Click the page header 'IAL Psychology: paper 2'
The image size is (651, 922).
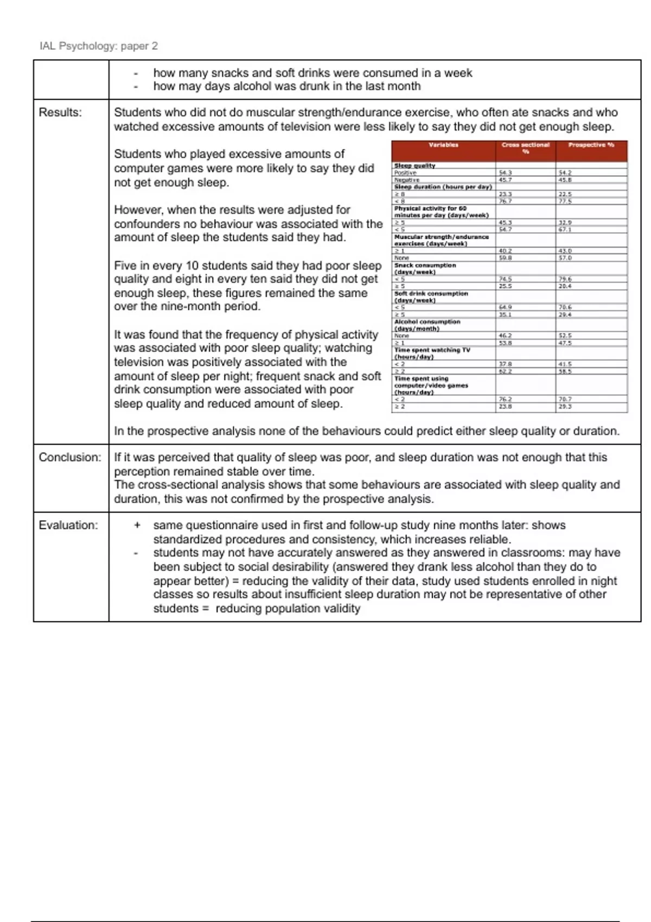(99, 46)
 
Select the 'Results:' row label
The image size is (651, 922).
(60, 112)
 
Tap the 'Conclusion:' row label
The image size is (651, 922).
(70, 457)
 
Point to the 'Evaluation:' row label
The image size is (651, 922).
(68, 525)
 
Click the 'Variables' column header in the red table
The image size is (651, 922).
(443, 145)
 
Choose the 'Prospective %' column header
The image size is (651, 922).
(591, 145)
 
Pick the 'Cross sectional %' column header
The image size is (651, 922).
(525, 148)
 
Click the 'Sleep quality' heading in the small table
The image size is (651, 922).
(414, 165)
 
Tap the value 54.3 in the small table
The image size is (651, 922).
(505, 172)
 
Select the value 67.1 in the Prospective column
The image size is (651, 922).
(565, 229)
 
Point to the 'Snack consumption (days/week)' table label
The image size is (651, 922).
(425, 268)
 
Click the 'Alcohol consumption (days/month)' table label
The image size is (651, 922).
(427, 325)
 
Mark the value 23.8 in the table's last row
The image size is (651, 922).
(505, 406)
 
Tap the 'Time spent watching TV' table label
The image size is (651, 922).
(432, 350)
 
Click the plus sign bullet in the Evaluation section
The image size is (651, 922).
(137, 525)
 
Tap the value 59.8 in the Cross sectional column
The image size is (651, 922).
(505, 258)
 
